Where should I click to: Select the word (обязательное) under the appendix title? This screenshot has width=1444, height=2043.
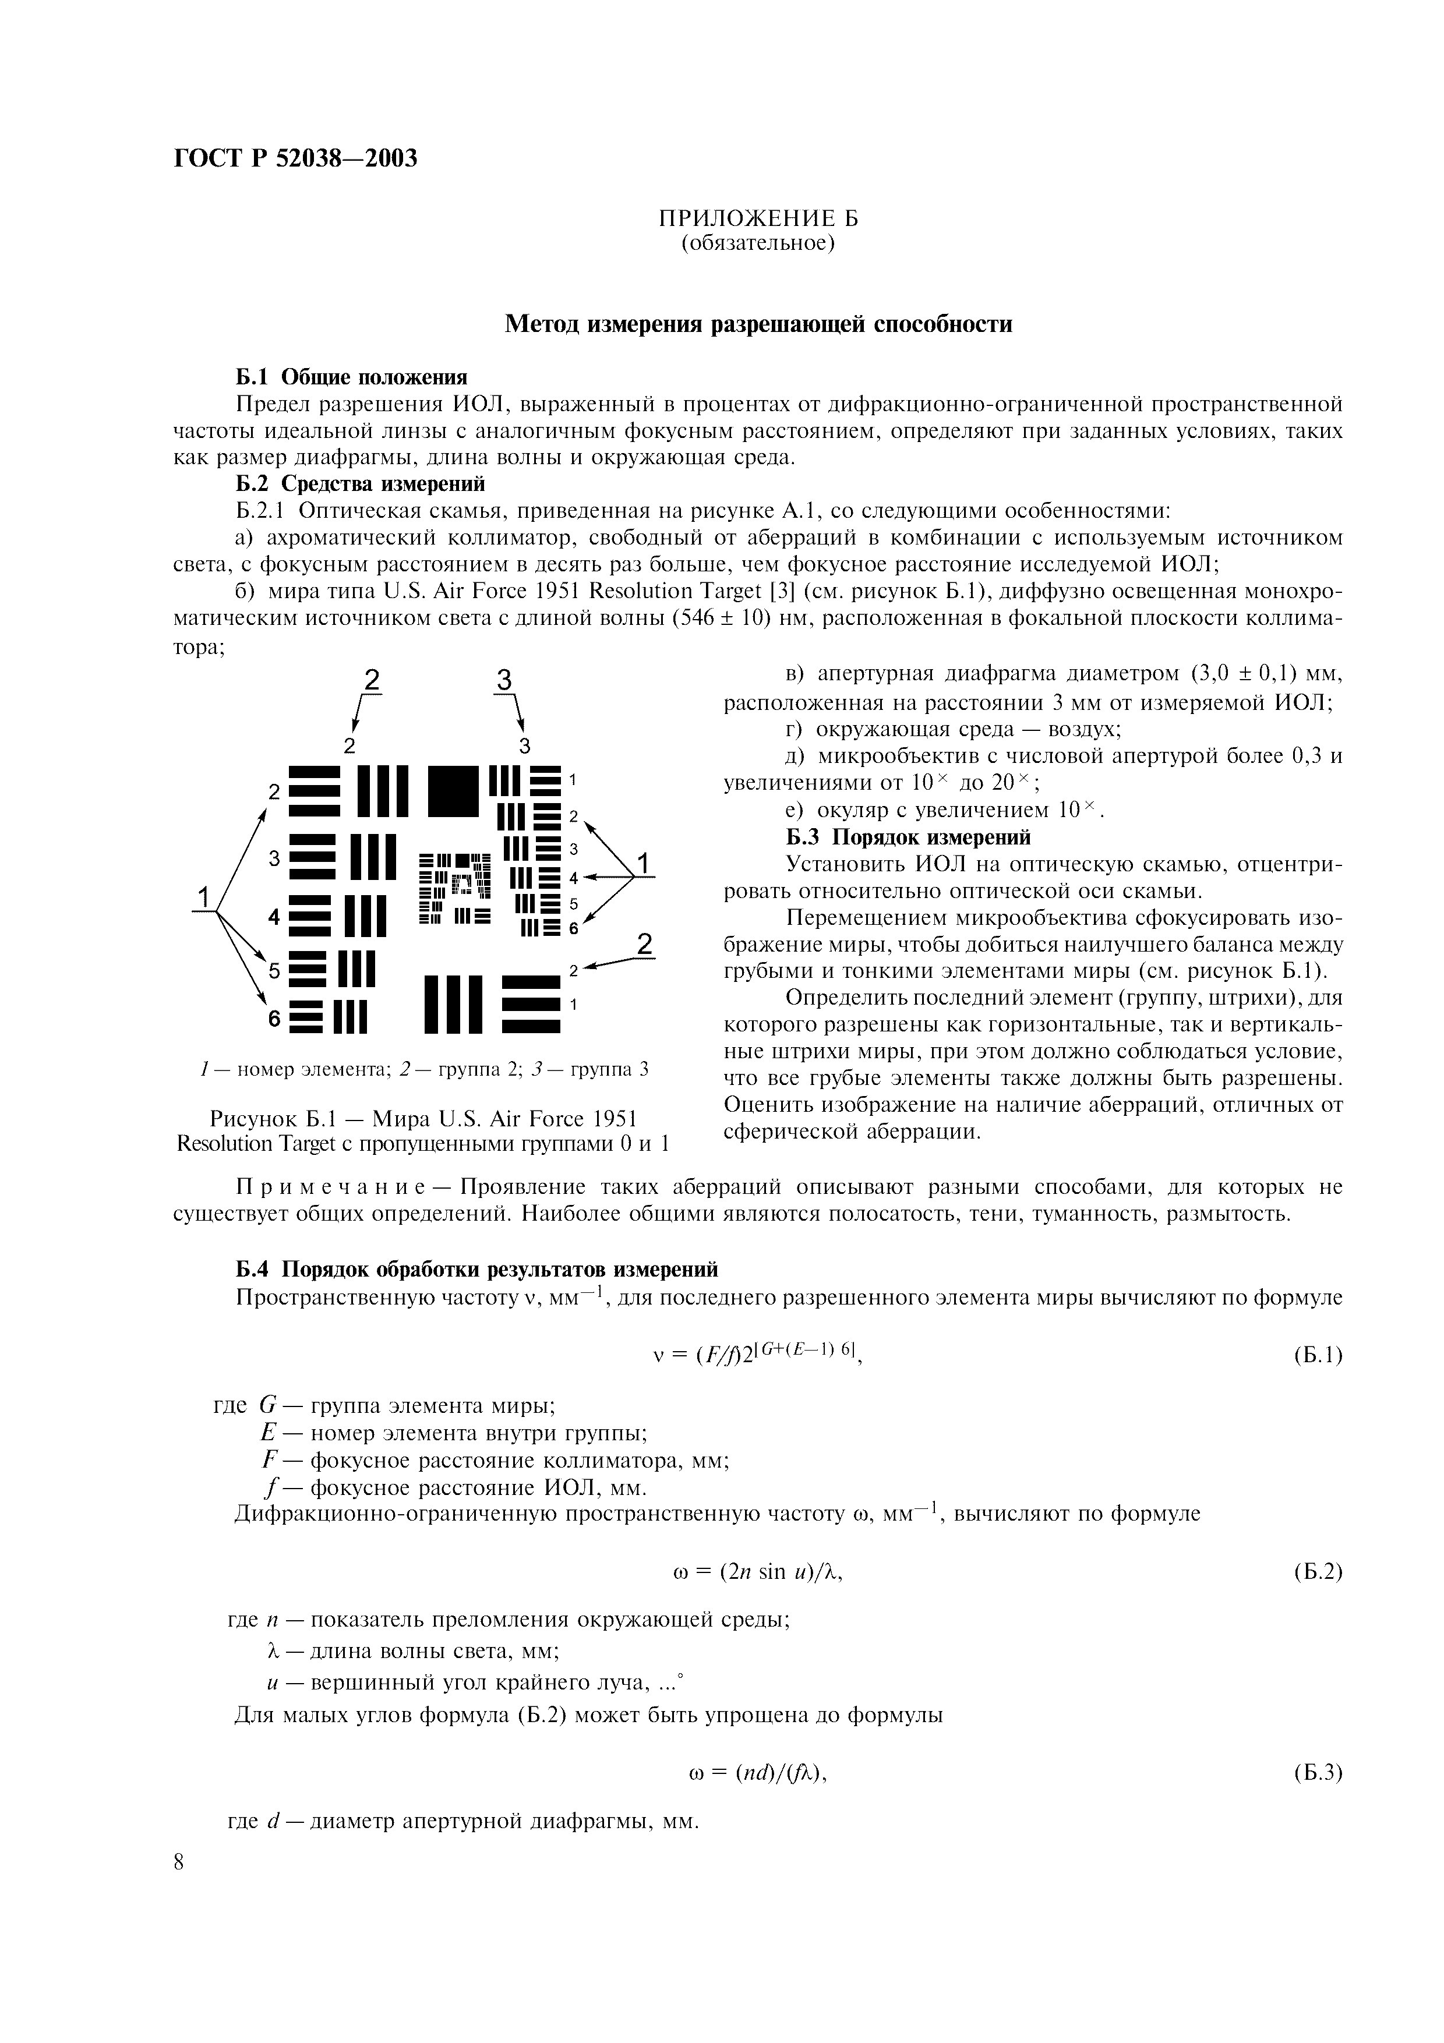758,243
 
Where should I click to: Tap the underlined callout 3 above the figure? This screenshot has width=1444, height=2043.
504,681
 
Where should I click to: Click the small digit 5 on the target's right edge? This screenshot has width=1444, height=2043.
574,903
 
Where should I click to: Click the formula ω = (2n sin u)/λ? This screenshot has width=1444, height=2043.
758,1572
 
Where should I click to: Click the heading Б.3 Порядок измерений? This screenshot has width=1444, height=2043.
908,837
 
